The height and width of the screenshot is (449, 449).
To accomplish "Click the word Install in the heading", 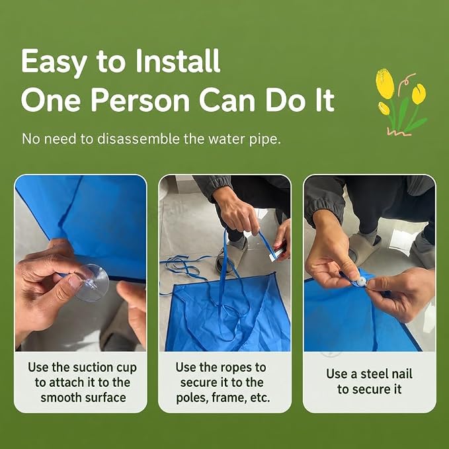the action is (178, 61).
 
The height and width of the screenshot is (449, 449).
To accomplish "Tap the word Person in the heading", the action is (140, 101).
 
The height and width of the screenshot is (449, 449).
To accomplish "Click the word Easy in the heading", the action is (54, 62).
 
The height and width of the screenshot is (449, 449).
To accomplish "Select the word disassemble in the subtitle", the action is (139, 139).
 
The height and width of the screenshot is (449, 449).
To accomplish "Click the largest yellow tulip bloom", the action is (385, 83).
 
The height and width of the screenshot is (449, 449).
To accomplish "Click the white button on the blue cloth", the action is (361, 282).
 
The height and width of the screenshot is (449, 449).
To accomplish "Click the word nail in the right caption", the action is (403, 374).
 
